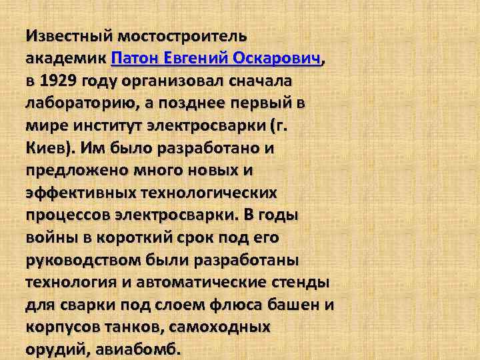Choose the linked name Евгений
198,58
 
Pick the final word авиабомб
137,350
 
